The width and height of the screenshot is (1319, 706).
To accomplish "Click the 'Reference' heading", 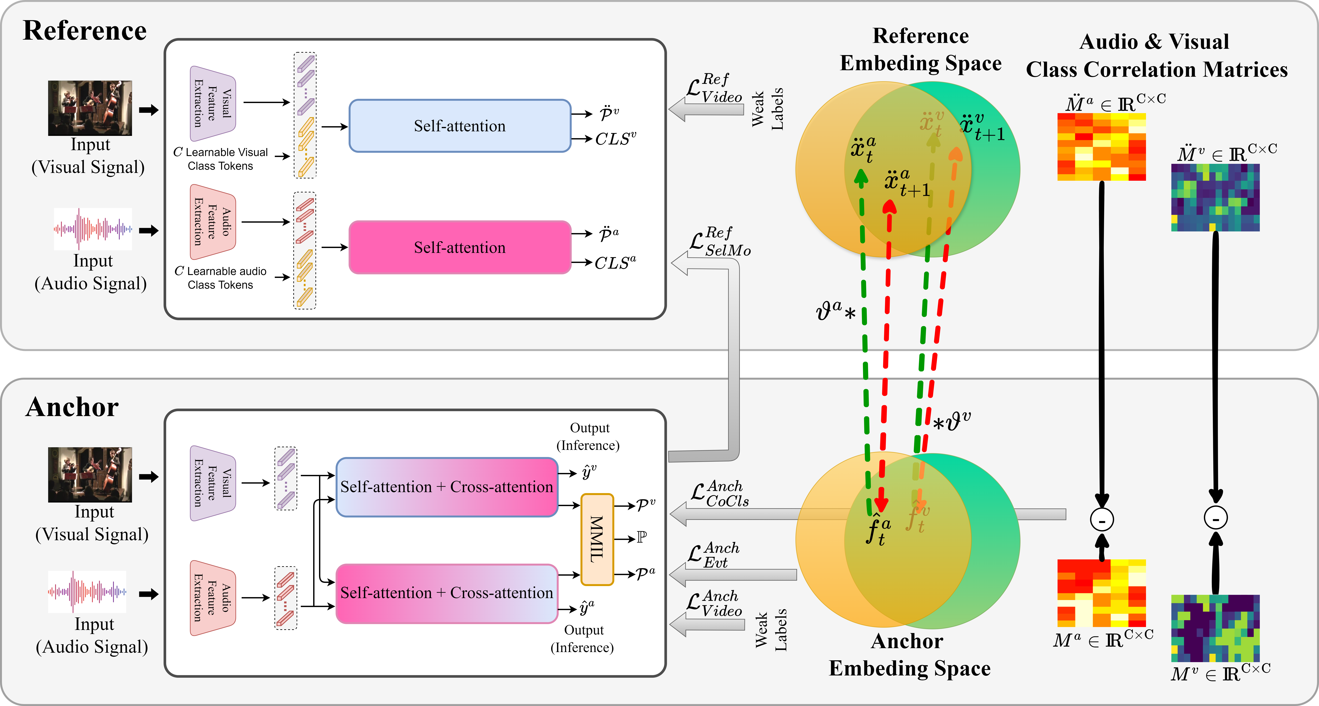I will (x=85, y=31).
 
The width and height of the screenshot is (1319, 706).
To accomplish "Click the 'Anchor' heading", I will (x=72, y=407).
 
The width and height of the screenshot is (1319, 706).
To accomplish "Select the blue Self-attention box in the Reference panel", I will (x=459, y=126).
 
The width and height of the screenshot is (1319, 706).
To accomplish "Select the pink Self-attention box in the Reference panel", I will (x=459, y=247).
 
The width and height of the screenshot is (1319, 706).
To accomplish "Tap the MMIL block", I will (x=597, y=539).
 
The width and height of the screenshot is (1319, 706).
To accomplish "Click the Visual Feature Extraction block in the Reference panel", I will (x=213, y=103).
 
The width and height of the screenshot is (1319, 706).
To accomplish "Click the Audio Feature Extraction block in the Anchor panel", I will (x=213, y=597).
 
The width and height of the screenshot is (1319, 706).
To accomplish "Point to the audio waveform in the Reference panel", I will (x=93, y=229).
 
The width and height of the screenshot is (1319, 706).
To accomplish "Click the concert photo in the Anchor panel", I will (x=90, y=475).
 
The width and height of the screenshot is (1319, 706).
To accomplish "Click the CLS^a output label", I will (x=615, y=263).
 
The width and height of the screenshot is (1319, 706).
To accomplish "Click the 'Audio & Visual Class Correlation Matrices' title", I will (x=1156, y=55).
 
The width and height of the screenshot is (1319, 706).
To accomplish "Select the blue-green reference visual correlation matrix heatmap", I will (x=1215, y=198).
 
